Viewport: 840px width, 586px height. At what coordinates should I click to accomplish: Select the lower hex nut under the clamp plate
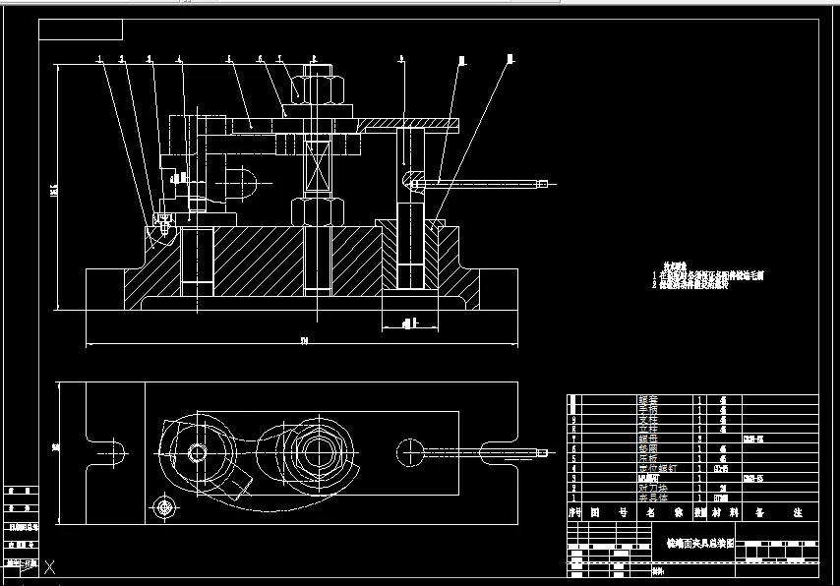[x=318, y=211]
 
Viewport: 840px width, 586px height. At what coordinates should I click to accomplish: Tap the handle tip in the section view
[x=541, y=183]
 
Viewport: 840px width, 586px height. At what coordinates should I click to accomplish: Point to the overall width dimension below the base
[x=304, y=342]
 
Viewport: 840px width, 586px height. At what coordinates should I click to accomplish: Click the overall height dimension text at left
[x=57, y=188]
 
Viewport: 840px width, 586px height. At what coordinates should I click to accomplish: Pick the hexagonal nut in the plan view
[x=318, y=451]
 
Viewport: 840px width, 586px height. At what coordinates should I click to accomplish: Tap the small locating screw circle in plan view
[x=163, y=507]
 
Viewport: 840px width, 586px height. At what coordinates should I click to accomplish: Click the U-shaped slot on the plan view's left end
[x=109, y=451]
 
